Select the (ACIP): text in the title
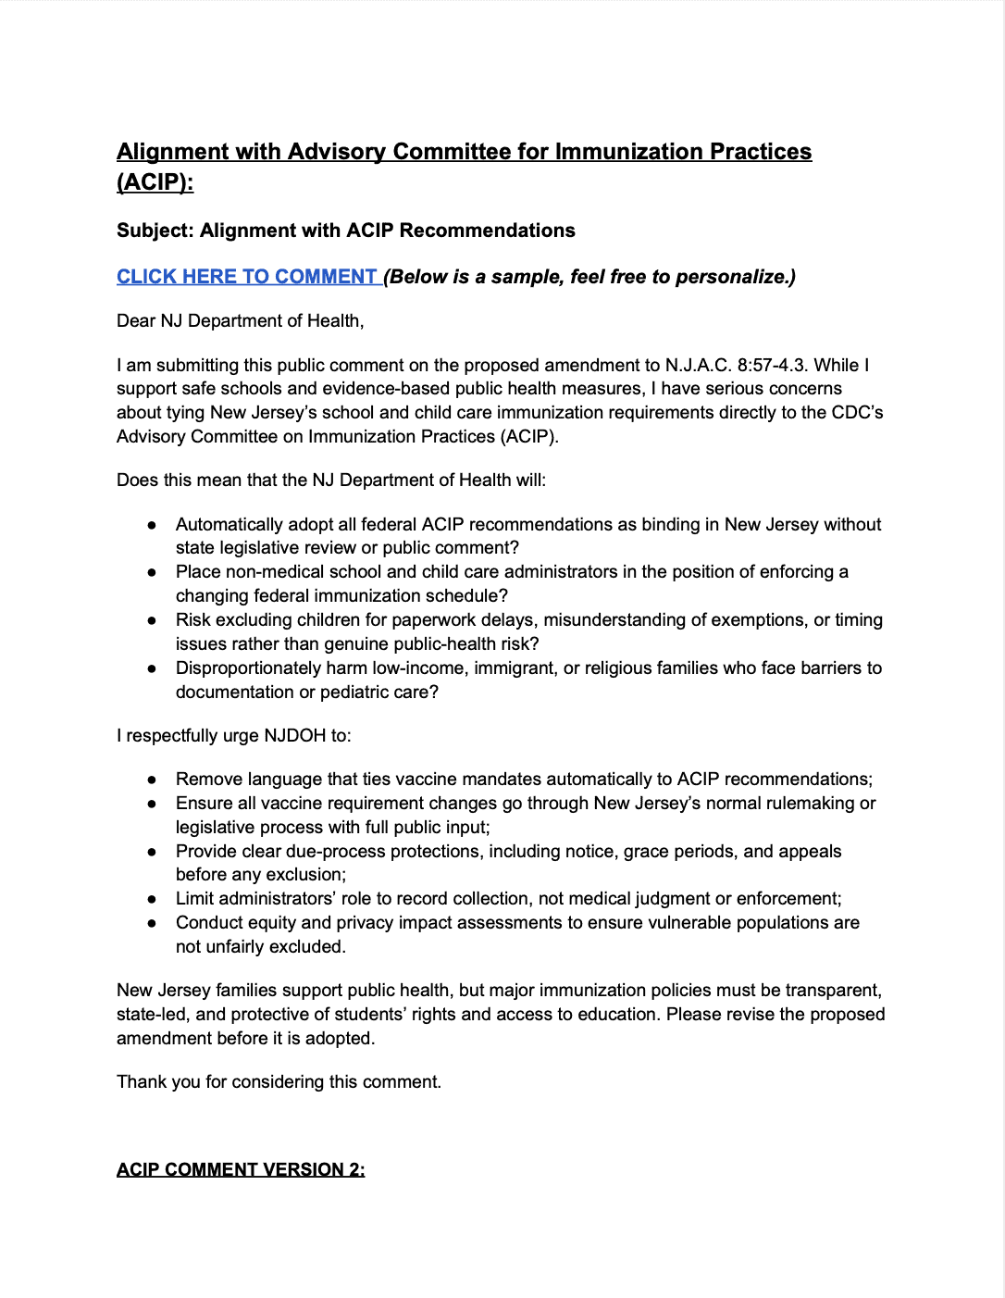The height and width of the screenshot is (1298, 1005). (155, 182)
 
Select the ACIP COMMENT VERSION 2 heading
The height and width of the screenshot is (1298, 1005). (241, 1170)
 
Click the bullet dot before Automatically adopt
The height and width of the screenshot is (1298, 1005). (152, 525)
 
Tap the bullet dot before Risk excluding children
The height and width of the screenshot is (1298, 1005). (152, 620)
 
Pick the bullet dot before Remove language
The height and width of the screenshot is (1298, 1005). (152, 780)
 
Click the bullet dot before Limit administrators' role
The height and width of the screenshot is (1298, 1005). (152, 899)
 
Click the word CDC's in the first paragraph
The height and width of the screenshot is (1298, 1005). (857, 413)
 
